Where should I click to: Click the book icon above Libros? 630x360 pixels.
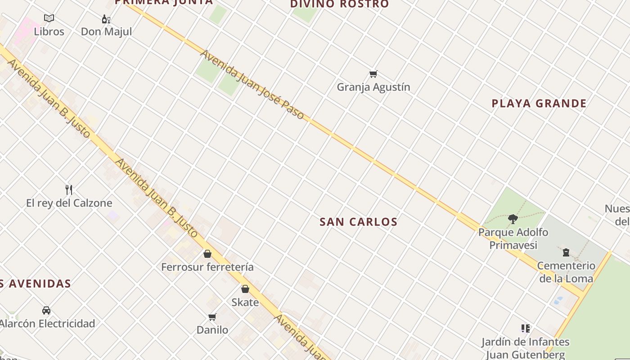(49, 18)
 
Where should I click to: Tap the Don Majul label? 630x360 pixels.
(106, 31)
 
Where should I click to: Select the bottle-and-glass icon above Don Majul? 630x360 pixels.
(106, 19)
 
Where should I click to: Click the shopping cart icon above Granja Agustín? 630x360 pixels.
(373, 74)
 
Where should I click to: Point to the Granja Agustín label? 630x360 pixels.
(373, 87)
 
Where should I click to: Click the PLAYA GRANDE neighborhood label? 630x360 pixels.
(539, 103)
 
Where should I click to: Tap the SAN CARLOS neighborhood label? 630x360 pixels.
(358, 222)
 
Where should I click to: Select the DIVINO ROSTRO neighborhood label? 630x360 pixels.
(339, 4)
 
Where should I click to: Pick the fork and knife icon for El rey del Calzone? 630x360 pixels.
(69, 190)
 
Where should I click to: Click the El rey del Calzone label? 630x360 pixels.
(69, 203)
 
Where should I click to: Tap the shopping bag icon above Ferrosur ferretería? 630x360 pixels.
(207, 254)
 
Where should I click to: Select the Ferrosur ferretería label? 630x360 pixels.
(207, 267)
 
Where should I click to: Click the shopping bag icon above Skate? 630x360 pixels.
(245, 289)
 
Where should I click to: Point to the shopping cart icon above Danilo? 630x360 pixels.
(212, 317)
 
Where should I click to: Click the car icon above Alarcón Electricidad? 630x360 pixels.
(46, 310)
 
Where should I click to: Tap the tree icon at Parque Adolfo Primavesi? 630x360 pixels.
(513, 219)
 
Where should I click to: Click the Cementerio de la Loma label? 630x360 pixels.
(566, 272)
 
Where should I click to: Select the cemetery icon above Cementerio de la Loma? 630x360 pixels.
(566, 253)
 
